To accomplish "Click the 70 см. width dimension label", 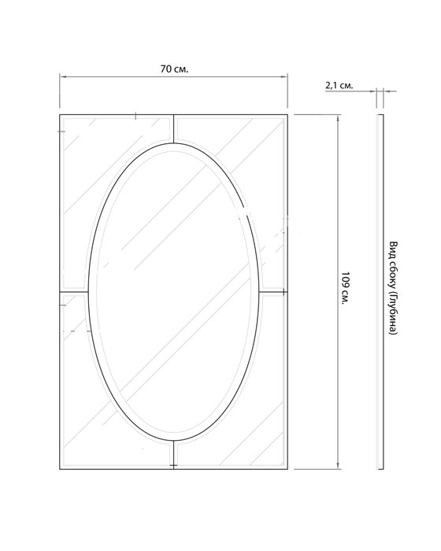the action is [174, 69].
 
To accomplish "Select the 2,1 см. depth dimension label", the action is [339, 85].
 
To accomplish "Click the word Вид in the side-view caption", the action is [393, 249].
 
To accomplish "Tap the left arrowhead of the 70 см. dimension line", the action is [62, 76].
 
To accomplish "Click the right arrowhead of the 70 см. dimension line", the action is [285, 76].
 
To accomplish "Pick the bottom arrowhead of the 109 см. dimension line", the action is [338, 466].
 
